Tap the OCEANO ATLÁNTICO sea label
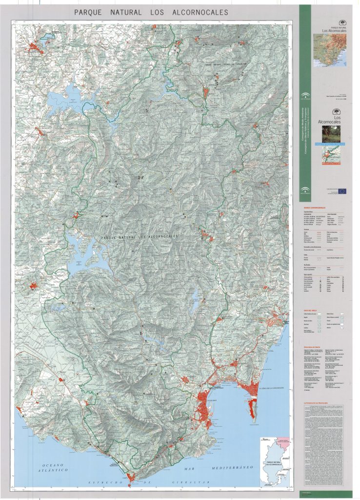coord(53,468)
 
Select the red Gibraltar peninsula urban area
coord(252,408)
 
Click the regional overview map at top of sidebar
coord(331,50)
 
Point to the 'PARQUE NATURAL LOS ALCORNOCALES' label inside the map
coord(140,237)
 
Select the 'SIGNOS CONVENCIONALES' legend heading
coord(314,208)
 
